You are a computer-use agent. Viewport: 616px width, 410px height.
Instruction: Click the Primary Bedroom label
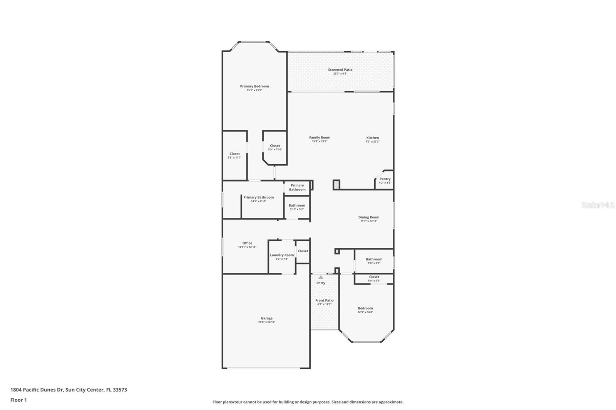(x=254, y=86)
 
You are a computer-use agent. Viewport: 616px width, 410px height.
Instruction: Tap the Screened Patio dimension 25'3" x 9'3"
(x=340, y=73)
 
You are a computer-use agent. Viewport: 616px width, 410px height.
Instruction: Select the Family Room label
(x=320, y=137)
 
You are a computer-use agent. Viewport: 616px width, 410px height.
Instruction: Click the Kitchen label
(x=372, y=138)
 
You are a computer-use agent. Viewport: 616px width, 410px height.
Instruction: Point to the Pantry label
(x=385, y=179)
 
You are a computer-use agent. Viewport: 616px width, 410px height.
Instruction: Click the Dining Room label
(x=368, y=217)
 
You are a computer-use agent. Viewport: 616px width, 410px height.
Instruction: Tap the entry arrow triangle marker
(x=321, y=277)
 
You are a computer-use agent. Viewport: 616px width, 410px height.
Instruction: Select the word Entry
(x=321, y=283)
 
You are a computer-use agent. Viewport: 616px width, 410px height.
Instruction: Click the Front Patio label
(x=324, y=300)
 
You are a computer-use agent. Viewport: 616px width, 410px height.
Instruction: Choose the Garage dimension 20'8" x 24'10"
(x=266, y=322)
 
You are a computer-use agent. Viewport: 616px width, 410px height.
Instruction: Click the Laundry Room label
(x=281, y=255)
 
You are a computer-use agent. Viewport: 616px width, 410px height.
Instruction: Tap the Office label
(x=247, y=243)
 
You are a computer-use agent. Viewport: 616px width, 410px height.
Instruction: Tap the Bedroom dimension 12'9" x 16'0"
(x=365, y=312)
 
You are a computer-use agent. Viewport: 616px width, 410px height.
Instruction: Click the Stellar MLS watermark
(x=597, y=205)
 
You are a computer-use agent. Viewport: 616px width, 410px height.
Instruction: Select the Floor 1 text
(x=18, y=400)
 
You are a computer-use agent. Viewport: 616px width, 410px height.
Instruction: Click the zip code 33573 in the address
(x=120, y=390)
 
